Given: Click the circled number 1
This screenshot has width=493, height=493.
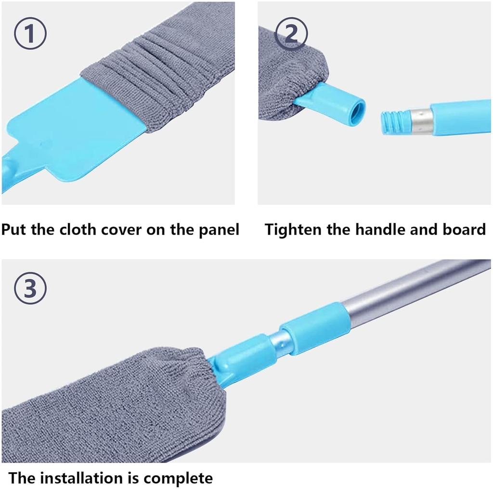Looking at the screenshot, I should click(x=30, y=35).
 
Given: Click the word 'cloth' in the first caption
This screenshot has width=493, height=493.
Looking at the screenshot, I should click(x=78, y=230).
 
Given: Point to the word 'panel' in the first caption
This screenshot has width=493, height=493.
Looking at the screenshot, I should click(x=219, y=230).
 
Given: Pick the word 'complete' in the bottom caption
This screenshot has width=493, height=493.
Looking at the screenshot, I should click(x=179, y=478).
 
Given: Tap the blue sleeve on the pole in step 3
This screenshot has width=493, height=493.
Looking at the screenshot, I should click(x=315, y=328).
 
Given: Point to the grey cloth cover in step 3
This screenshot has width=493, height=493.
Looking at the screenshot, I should click(x=111, y=404).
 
